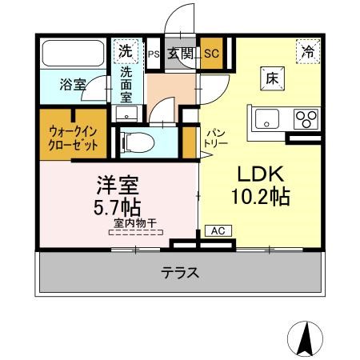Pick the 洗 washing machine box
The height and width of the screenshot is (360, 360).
pos(126,51)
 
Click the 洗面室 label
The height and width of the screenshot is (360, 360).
pos(127,84)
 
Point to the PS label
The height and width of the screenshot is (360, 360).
pos(154,54)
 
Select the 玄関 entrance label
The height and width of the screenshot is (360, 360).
pos(181,54)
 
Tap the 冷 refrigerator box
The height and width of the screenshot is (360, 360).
pos(308,50)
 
